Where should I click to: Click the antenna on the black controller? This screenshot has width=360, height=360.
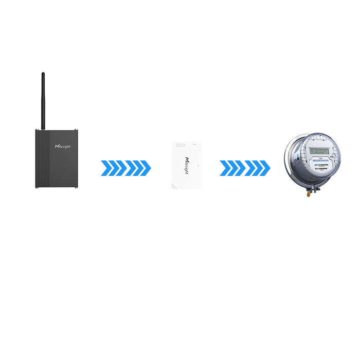click(x=43, y=101)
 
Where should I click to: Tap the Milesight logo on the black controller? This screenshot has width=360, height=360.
click(x=62, y=147)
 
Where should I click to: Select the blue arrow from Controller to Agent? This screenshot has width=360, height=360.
click(x=125, y=168)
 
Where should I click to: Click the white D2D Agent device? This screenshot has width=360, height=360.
click(x=186, y=165)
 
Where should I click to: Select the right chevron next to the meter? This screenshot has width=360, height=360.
click(x=257, y=168)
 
